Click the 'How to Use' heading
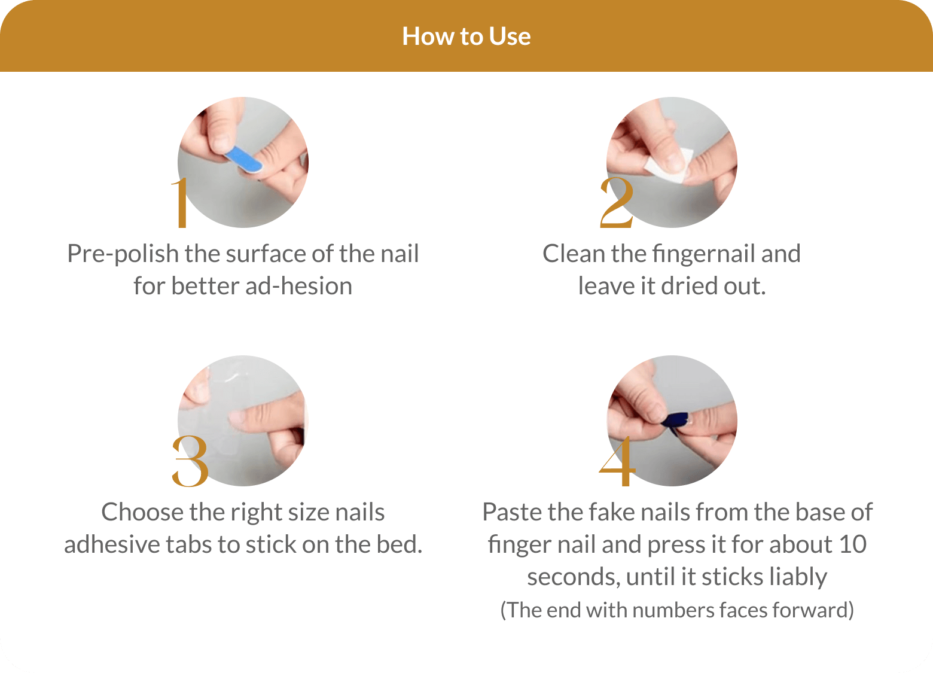pos(466,36)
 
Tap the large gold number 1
pos(181,203)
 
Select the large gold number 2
pos(617,203)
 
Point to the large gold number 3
pos(190,461)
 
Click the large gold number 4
pos(617,461)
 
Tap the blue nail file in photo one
pos(244,159)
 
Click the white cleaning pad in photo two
pos(669,166)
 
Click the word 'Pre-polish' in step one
pos(123,254)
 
